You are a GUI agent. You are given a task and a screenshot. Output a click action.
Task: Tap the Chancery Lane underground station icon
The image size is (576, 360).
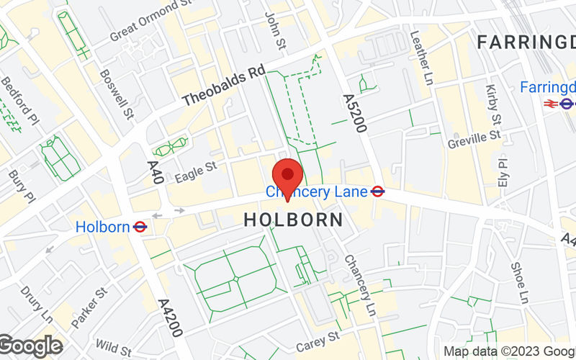pyautogui.click(x=377, y=192)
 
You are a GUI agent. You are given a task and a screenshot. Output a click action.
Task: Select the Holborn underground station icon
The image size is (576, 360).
pyautogui.click(x=140, y=227)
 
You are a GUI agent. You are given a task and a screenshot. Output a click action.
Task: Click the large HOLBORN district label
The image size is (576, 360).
pyautogui.click(x=294, y=220)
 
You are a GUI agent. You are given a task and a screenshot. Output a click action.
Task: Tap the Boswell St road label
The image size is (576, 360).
pyautogui.click(x=117, y=94)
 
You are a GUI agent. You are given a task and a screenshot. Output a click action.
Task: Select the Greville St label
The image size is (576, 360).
pyautogui.click(x=474, y=136)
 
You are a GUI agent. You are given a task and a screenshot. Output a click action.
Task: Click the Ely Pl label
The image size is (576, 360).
pyautogui.click(x=502, y=171)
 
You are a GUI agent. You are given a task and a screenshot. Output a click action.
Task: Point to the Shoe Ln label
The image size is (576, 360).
pyautogui.click(x=519, y=282)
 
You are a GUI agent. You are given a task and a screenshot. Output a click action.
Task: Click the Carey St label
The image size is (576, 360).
pyautogui.click(x=318, y=341)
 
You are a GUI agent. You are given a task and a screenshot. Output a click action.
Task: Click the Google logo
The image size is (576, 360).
pyautogui.click(x=31, y=346)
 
